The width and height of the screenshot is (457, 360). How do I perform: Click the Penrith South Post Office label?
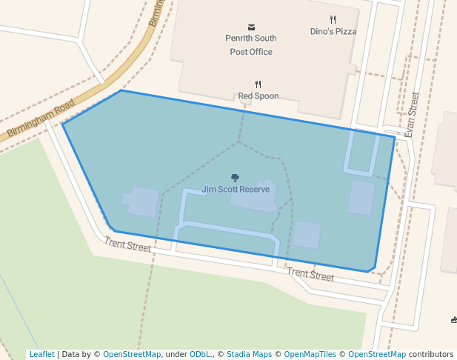(x=251, y=44)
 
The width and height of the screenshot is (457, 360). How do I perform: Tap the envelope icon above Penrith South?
(x=251, y=27)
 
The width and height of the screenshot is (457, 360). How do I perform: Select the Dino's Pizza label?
(x=333, y=32)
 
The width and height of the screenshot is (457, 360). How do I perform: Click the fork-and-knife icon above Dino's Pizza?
(x=333, y=20)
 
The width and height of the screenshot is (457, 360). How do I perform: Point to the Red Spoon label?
(x=258, y=96)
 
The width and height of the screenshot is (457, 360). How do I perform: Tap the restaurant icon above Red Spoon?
(x=258, y=84)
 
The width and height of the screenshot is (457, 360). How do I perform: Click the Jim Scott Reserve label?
(x=236, y=190)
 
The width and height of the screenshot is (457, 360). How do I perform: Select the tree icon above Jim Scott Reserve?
(x=236, y=178)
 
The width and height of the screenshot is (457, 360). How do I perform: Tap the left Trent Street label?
(x=127, y=244)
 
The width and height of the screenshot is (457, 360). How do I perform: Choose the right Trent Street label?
(x=310, y=275)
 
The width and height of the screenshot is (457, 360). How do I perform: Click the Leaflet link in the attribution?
(x=41, y=355)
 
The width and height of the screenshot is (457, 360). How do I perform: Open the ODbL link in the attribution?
(x=199, y=355)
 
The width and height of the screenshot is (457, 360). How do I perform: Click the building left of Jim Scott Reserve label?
(x=143, y=201)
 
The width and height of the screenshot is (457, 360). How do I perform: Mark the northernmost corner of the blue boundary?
(x=121, y=90)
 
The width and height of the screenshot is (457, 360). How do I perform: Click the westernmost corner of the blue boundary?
(x=62, y=124)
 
